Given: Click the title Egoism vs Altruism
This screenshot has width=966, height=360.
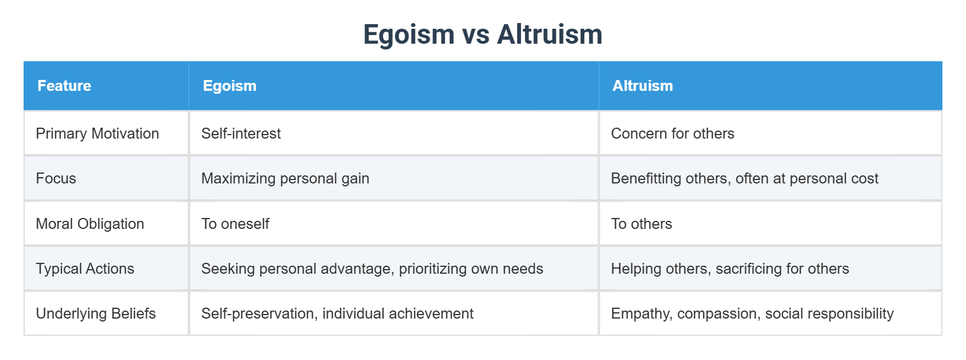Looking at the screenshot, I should coord(482,35).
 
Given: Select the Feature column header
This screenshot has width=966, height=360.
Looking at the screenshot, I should coord(64,86).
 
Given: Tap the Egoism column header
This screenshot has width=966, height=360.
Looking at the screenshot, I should coord(229,86).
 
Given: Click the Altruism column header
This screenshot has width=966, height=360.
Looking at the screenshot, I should coord(642,86).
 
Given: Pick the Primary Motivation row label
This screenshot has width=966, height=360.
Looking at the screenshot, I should coord(97,133).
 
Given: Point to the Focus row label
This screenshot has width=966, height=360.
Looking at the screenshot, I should coord(56,178).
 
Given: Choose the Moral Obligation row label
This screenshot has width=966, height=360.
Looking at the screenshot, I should coord(90,224).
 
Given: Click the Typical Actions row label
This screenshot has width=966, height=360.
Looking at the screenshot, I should coord(85,269).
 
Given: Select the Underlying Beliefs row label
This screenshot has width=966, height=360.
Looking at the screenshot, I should coord(95,313).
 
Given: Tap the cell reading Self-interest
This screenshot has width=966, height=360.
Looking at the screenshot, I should coord(241,133).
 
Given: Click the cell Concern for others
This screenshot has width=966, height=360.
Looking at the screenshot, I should coord(672,133).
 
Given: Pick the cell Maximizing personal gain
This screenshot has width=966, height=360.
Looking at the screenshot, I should coord(285,178).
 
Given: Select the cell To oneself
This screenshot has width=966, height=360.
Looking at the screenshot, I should coord(235,224).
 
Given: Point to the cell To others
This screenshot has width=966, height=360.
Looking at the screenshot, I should coord(641,224).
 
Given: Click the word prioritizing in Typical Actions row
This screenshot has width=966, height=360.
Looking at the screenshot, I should coord(434,269).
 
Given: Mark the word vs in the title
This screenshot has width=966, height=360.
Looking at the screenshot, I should coord(476,35).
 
